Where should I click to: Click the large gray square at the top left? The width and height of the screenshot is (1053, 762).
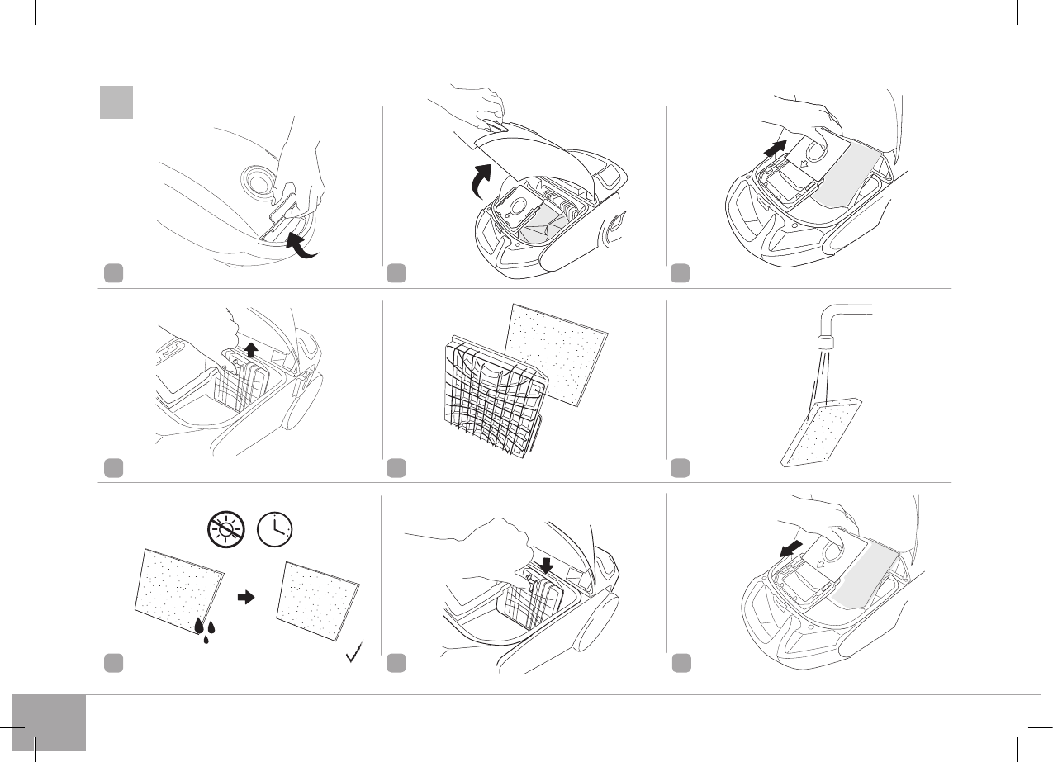click(x=116, y=101)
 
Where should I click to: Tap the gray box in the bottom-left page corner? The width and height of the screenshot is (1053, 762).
click(x=49, y=722)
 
